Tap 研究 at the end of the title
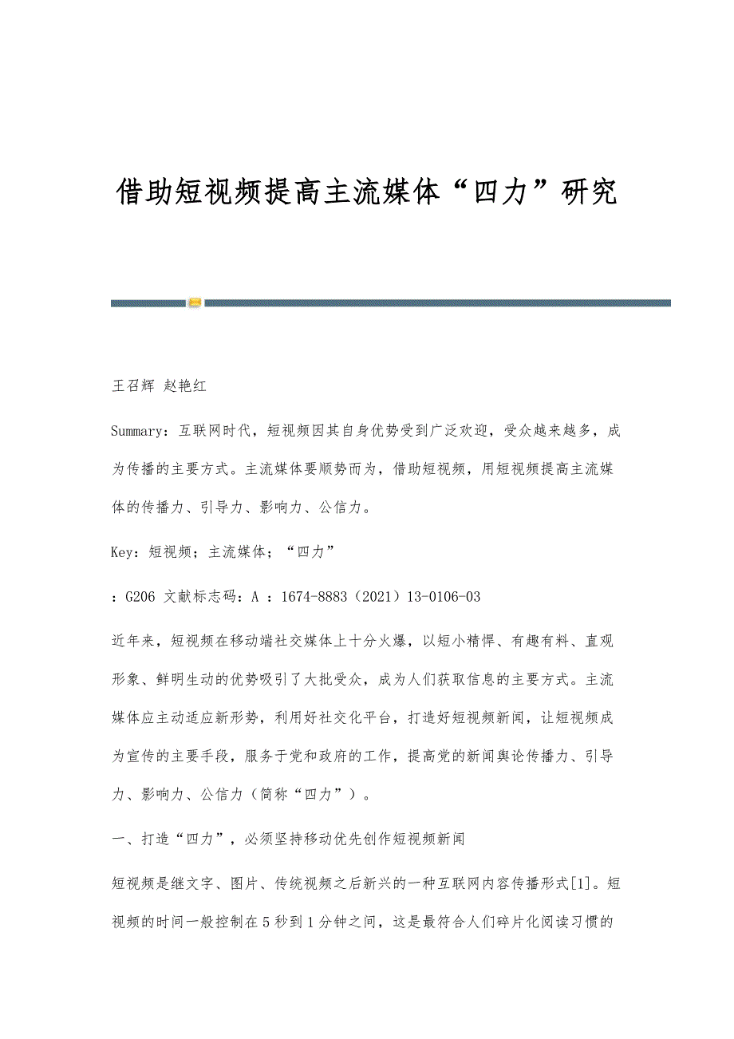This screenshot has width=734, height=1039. coord(590,192)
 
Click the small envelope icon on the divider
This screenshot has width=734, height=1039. coord(195,302)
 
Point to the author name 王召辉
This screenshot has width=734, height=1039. coord(132,386)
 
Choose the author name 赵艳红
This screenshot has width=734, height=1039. coord(184,386)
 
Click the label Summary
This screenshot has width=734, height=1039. coord(139,432)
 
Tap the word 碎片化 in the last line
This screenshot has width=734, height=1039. coord(515,922)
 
